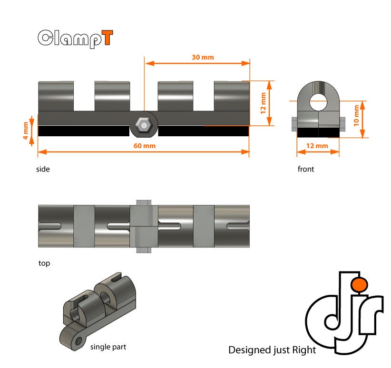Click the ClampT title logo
(x=75, y=38)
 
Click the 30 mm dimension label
(x=203, y=57)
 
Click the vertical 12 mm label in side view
(x=263, y=103)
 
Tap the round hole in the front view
(x=318, y=100)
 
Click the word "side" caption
(x=43, y=169)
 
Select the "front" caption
(x=306, y=169)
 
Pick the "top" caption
(x=44, y=263)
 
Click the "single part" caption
(x=108, y=347)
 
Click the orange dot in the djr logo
(x=359, y=284)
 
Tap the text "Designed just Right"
(x=272, y=350)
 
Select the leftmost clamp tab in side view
(x=56, y=95)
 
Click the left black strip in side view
(x=83, y=131)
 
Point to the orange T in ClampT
(x=108, y=38)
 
